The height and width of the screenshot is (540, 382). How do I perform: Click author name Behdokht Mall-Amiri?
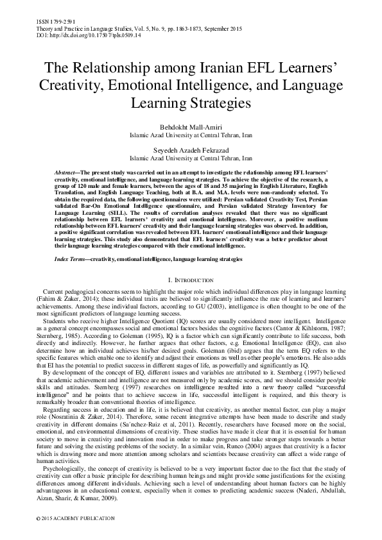[191, 128]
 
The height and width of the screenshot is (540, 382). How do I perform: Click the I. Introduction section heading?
[191, 280]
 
